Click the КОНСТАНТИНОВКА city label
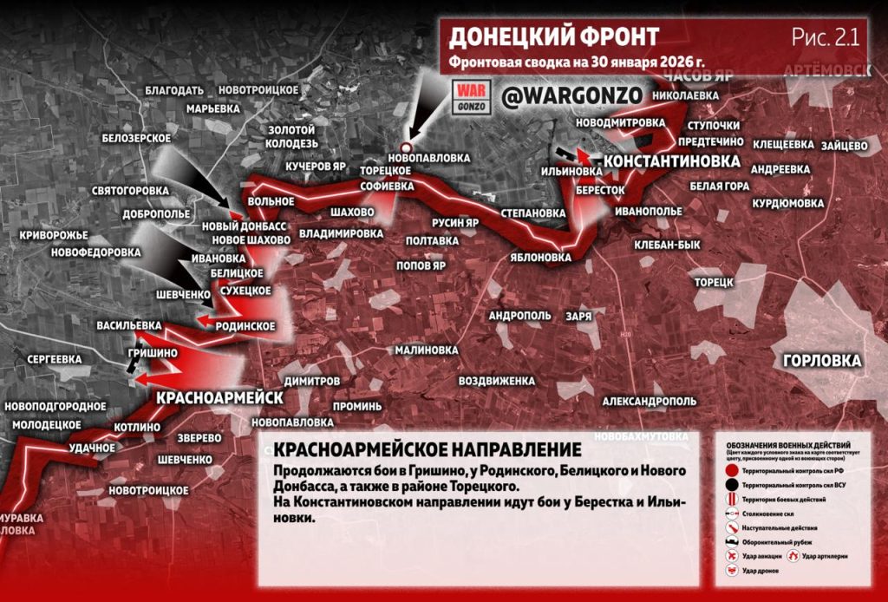tap(671, 162)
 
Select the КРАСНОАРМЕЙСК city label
tap(220, 396)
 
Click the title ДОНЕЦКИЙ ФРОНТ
tap(554, 36)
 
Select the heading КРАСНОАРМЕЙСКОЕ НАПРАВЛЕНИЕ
tap(426, 450)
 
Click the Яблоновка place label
tap(541, 258)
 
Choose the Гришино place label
tap(153, 354)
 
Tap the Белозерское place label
tap(136, 138)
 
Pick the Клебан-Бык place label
tap(667, 245)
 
